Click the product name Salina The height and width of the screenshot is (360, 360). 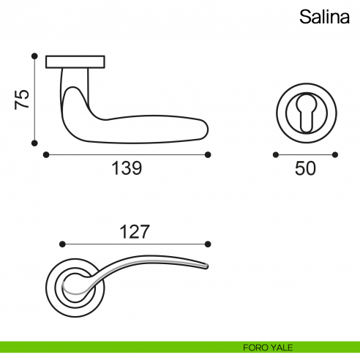tap(323, 17)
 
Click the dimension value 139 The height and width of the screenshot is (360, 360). tap(126, 168)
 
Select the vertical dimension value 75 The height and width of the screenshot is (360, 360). tap(22, 100)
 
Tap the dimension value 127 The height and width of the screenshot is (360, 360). tap(134, 232)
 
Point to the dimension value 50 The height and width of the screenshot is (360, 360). tap(305, 168)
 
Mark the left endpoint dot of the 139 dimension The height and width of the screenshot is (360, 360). tap(45, 154)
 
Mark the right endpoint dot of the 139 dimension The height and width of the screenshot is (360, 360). tap(209, 154)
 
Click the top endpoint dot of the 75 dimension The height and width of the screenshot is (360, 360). tap(34, 56)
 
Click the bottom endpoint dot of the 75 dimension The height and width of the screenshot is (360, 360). tap(34, 143)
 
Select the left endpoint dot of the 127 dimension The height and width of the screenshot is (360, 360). tap(61, 244)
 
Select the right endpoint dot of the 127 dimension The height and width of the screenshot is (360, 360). tap(209, 244)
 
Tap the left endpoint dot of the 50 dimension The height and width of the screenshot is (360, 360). tap(275, 154)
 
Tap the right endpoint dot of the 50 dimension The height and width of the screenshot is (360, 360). tap(336, 154)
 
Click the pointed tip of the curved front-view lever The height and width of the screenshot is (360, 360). tap(209, 264)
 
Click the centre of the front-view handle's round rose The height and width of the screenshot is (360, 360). tap(75, 284)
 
